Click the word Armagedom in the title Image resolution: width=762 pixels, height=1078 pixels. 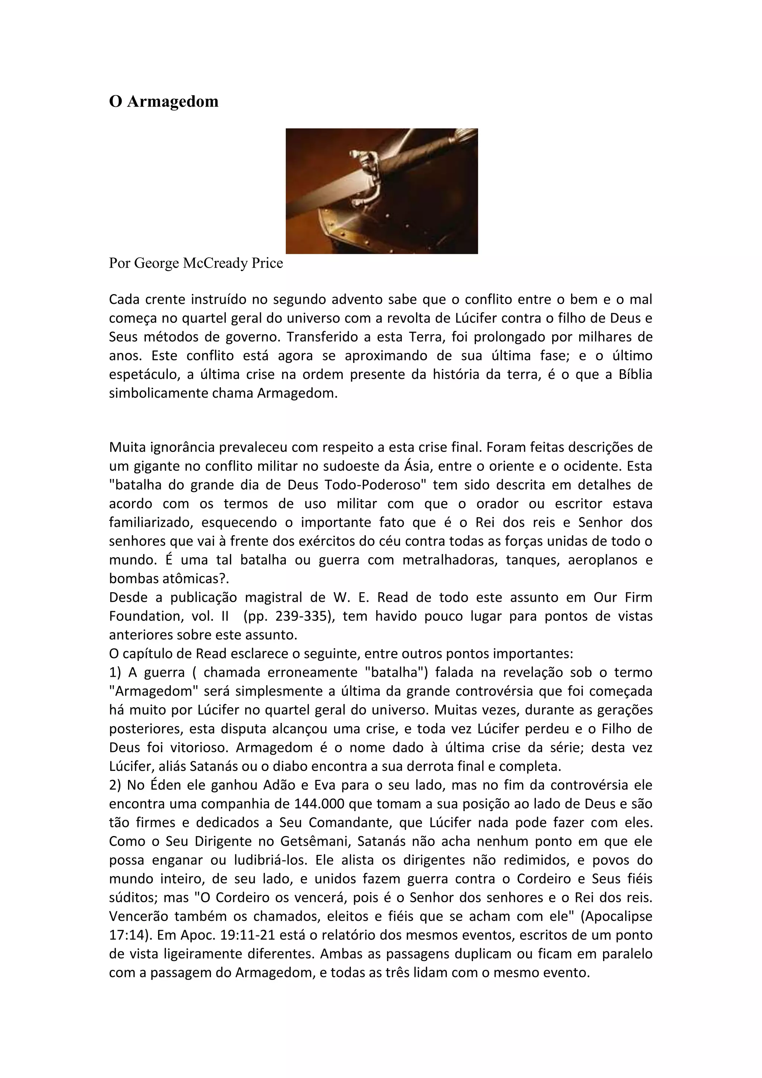tap(173, 101)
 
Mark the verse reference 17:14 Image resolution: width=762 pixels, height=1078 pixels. tap(126, 936)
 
